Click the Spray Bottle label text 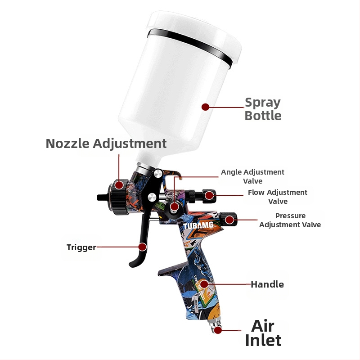pyautogui.click(x=263, y=109)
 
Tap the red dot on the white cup pyautogui.click(x=205, y=107)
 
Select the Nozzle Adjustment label pyautogui.click(x=106, y=144)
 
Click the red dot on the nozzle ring pyautogui.click(x=119, y=185)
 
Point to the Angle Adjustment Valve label pyautogui.click(x=252, y=176)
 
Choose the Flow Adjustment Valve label pyautogui.click(x=278, y=197)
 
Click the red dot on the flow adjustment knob pyautogui.click(x=209, y=195)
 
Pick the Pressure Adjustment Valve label pyautogui.click(x=290, y=220)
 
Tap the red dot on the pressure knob pyautogui.click(x=229, y=220)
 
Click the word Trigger pyautogui.click(x=81, y=247)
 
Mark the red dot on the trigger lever pyautogui.click(x=143, y=247)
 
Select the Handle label pyautogui.click(x=267, y=284)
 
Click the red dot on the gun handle pyautogui.click(x=204, y=284)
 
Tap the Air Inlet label pyautogui.click(x=263, y=333)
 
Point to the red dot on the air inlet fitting pyautogui.click(x=217, y=330)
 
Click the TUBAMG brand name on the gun pyautogui.click(x=198, y=225)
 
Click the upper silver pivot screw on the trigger pyautogui.click(x=158, y=174)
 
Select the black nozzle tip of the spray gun pyautogui.click(x=103, y=197)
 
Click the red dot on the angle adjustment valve pyautogui.click(x=175, y=207)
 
